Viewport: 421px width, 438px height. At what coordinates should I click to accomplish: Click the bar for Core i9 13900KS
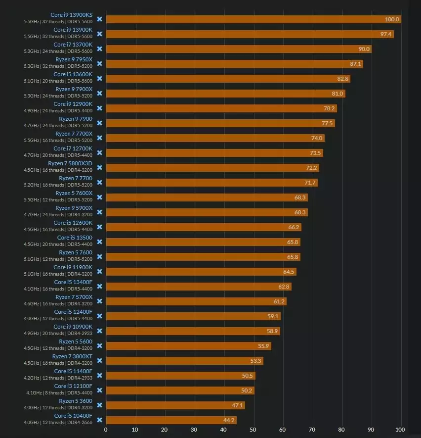coord(253,19)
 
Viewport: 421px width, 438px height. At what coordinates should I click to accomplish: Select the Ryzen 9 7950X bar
coord(234,64)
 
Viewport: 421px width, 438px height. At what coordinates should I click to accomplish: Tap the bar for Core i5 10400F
coord(171,420)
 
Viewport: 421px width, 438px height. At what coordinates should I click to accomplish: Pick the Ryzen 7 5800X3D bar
coord(212,168)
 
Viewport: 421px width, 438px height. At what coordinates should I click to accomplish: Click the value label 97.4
coord(386,34)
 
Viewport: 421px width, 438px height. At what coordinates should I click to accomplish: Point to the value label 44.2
coord(229,420)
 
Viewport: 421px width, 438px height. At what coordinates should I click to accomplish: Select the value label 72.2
coord(311,168)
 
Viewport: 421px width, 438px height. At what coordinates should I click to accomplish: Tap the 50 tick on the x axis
coord(253,430)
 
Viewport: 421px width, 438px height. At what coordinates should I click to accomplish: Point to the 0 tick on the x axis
coord(106,430)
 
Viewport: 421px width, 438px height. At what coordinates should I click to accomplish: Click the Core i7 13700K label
coord(73,45)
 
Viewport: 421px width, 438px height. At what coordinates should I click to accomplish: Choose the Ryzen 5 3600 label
coord(76,401)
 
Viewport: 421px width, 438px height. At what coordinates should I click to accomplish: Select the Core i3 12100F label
coord(73,386)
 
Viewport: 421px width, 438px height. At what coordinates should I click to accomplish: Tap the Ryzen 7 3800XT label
coord(72,356)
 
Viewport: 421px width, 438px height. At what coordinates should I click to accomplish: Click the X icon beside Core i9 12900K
coord(99,108)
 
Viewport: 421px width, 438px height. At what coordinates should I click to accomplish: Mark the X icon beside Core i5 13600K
coord(99,78)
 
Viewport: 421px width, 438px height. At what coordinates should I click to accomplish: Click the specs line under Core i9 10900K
coord(58,334)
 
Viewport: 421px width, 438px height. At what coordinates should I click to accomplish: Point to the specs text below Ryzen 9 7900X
coord(58,96)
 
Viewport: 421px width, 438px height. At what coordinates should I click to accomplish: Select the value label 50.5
coord(248,376)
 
